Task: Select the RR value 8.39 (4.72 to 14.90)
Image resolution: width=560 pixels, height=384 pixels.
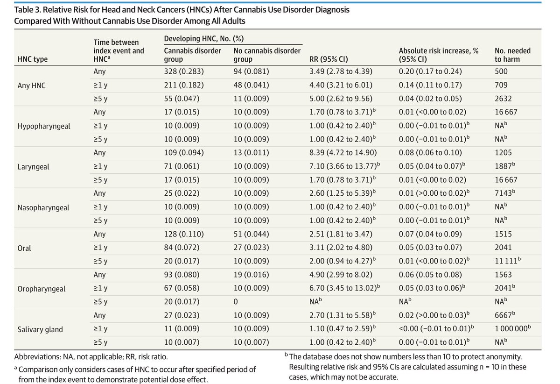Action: pos(343,153)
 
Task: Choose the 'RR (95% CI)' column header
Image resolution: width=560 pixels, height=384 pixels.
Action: pos(329,59)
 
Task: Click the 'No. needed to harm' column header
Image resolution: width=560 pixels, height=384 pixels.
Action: pos(512,55)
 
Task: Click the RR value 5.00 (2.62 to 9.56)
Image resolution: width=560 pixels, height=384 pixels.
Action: pos(340,99)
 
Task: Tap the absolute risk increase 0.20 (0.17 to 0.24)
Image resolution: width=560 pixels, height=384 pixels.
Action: pos(432,71)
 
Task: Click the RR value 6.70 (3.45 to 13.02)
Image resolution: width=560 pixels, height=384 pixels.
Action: pos(343,289)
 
